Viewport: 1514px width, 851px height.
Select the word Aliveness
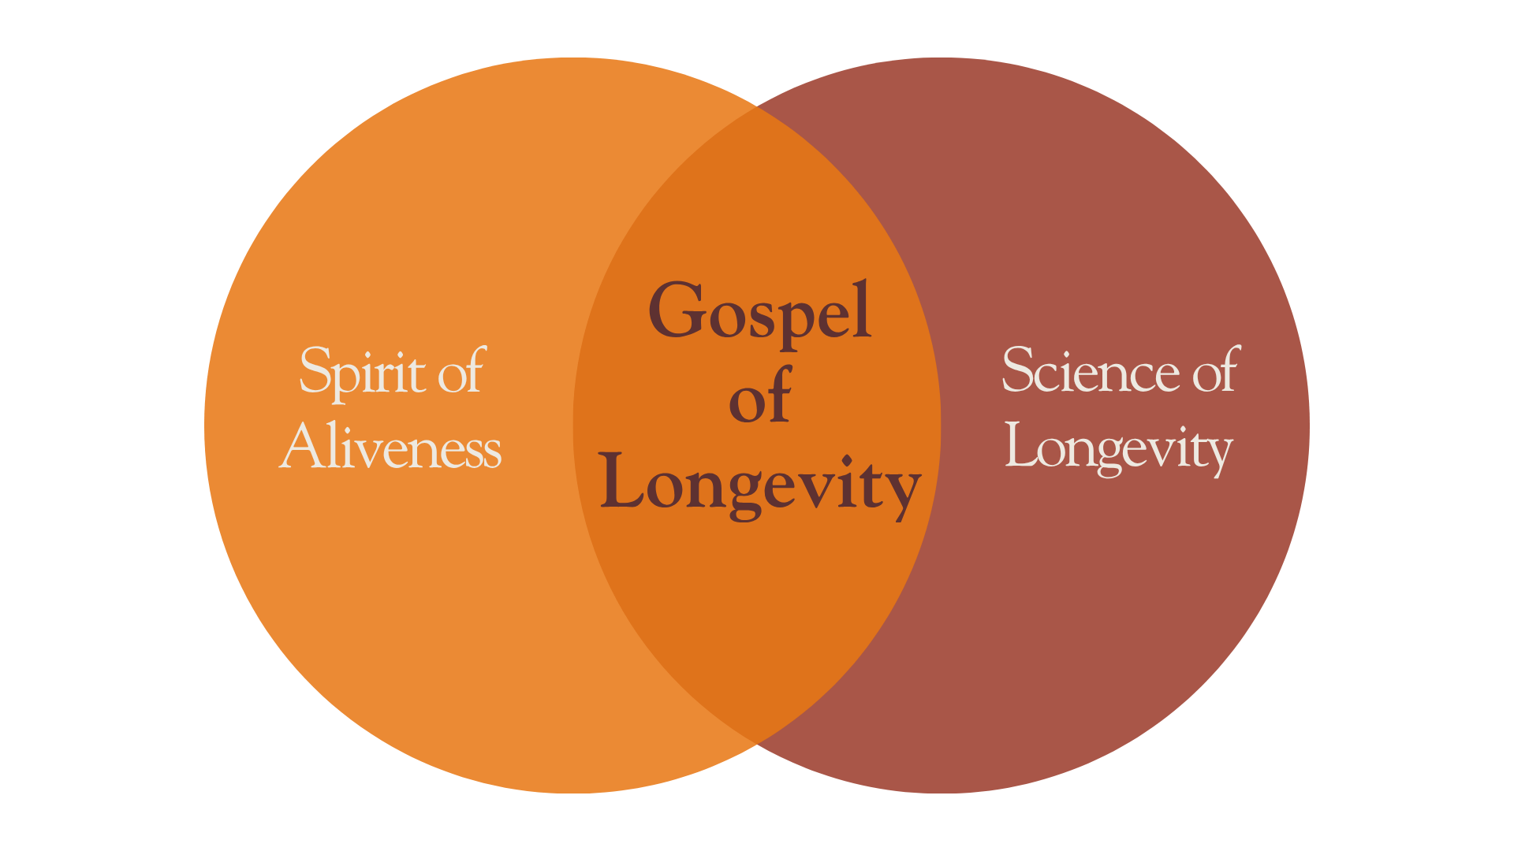390,447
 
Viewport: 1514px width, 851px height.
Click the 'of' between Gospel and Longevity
759,396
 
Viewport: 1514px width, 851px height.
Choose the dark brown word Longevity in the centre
759,483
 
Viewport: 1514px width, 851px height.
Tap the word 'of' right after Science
1216,370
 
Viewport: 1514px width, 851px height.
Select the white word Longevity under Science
1118,448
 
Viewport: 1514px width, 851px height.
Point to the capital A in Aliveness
300,445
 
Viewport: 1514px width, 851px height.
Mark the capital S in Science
1018,370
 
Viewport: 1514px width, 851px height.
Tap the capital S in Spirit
315,370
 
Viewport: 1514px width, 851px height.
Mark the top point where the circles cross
757,106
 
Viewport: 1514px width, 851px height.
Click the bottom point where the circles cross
757,745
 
